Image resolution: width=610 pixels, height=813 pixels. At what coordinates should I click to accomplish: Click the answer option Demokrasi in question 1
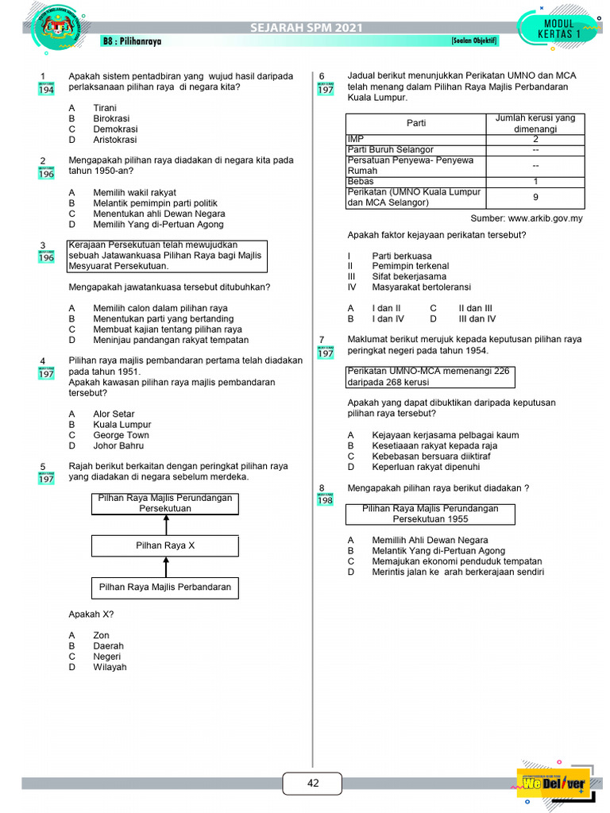pos(115,129)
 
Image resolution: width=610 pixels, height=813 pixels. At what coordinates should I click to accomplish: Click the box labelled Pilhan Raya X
pos(164,546)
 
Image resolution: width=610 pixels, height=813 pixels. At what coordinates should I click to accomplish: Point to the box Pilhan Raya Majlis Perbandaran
pos(164,588)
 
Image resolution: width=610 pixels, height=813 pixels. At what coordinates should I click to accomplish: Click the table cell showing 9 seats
pos(535,197)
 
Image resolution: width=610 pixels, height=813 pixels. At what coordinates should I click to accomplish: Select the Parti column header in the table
pos(416,123)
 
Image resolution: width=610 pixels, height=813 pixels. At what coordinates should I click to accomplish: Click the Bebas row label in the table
pos(361,182)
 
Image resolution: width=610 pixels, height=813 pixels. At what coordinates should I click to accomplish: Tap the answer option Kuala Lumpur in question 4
pos(122,425)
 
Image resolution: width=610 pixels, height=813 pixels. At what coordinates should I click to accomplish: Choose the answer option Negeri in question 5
pos(107,657)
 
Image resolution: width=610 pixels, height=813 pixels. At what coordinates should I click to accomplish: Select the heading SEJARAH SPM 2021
pos(306,29)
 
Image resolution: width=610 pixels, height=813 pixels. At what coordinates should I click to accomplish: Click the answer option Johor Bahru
pos(119,445)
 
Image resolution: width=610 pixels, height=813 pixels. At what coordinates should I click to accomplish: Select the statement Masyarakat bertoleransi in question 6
pos(421,287)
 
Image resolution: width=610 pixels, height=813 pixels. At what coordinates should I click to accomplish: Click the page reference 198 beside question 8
pos(326,500)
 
